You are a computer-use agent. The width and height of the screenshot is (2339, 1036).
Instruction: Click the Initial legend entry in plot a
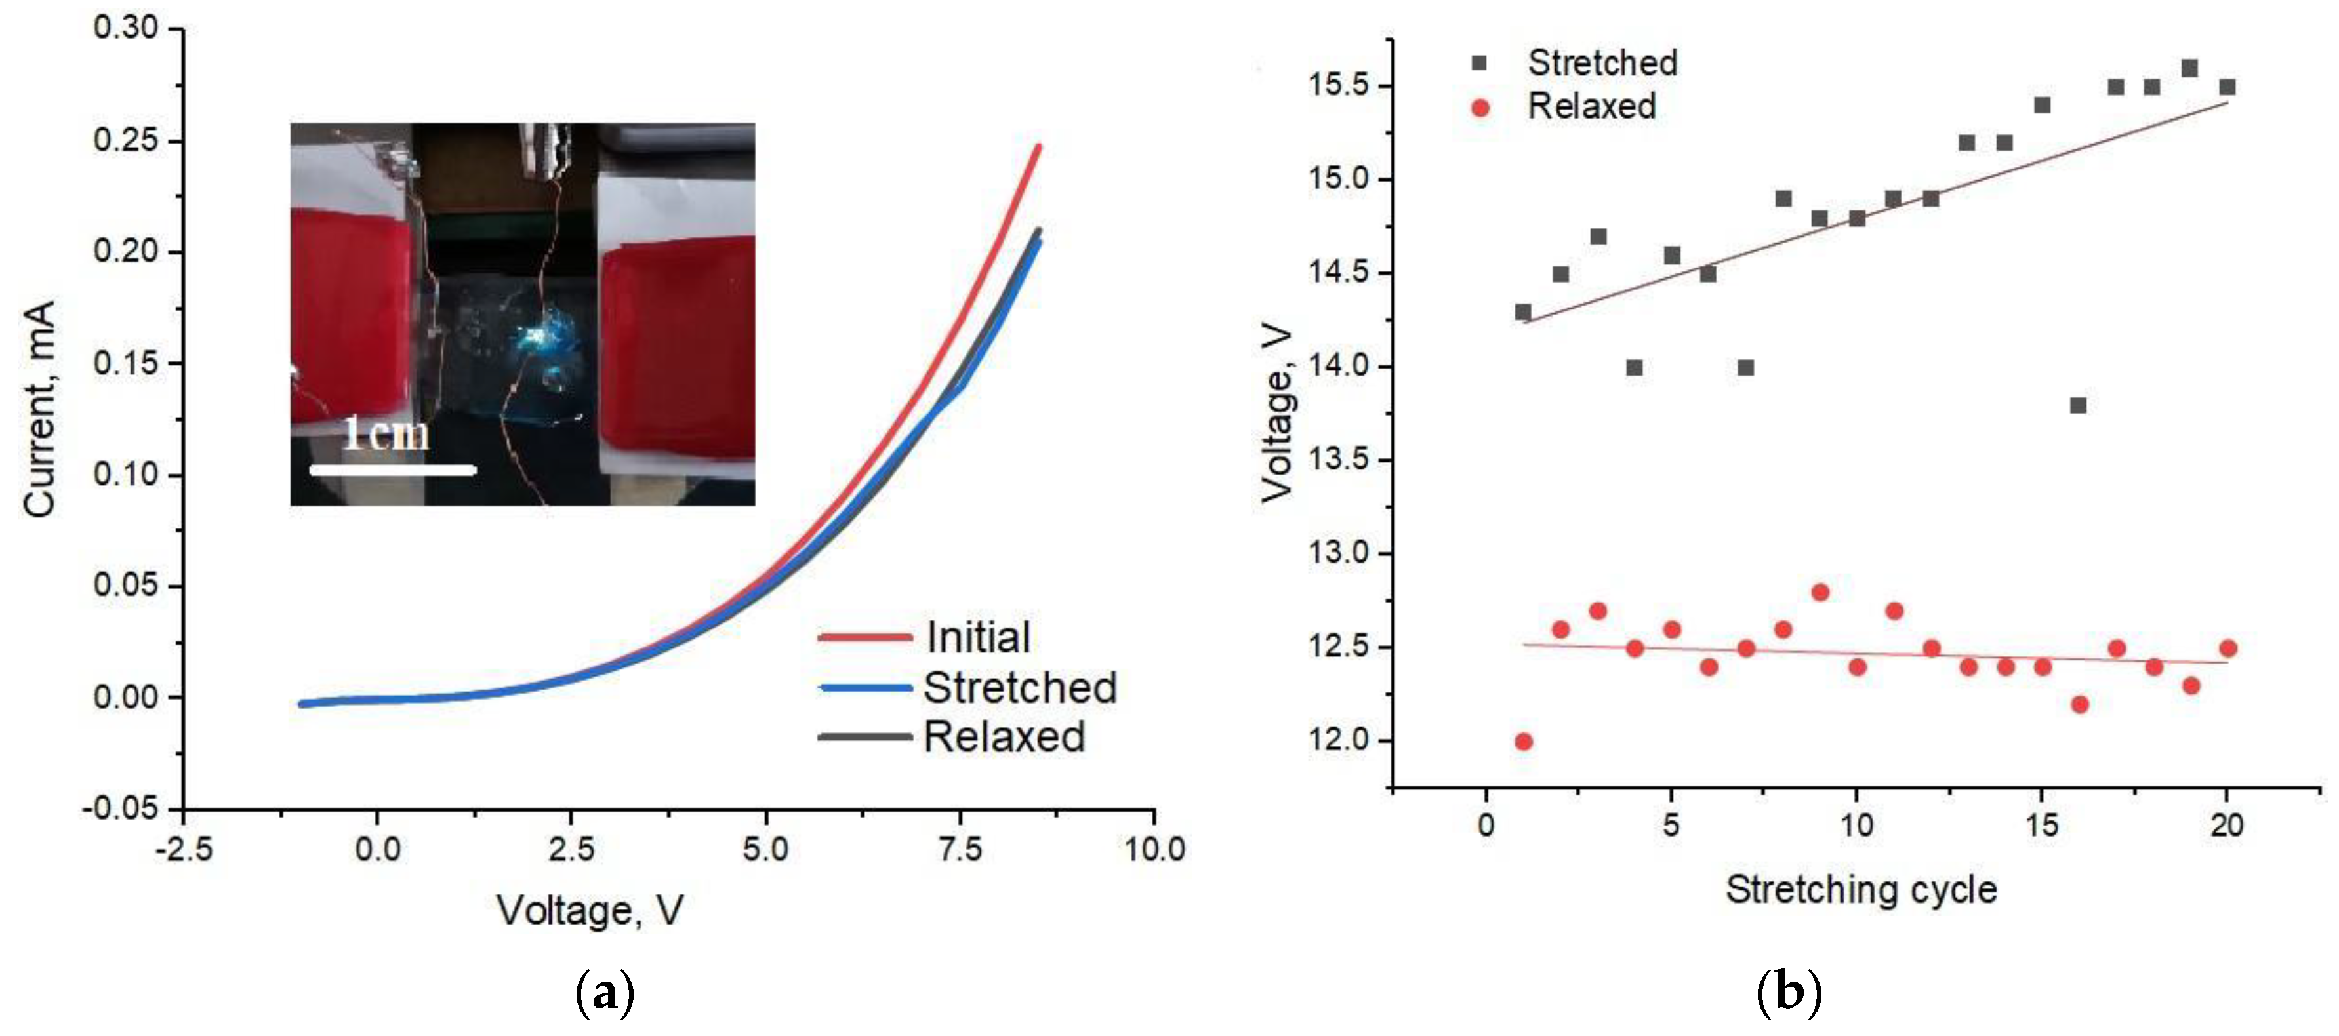click(x=978, y=637)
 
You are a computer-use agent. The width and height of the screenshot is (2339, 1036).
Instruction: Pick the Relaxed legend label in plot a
click(x=1004, y=736)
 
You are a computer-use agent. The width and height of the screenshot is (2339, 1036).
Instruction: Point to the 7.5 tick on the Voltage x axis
click(x=960, y=849)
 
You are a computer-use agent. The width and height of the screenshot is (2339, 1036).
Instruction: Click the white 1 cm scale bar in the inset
click(x=392, y=469)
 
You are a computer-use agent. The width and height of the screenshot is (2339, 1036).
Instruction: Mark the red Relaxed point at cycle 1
click(x=1524, y=742)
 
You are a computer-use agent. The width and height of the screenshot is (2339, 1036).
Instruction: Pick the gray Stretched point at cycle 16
click(x=2079, y=405)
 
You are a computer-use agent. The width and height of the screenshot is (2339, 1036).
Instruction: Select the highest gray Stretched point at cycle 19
click(x=2189, y=69)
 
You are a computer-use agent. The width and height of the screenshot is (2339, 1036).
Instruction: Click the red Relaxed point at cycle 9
click(x=1820, y=592)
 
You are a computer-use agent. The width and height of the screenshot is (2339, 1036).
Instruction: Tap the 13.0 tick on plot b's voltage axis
click(x=1337, y=553)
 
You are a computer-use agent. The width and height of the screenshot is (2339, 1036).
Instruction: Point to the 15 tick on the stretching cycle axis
click(x=2042, y=826)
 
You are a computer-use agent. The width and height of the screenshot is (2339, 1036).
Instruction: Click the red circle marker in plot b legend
click(x=1480, y=109)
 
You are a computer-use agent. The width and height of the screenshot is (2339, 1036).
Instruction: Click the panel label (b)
click(x=1788, y=993)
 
